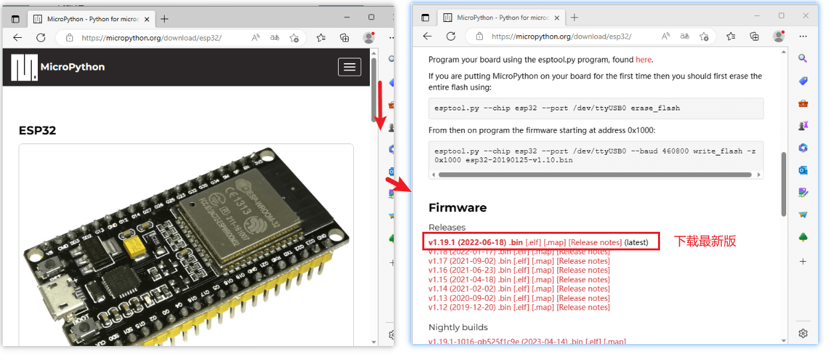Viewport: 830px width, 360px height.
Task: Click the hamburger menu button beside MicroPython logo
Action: pos(349,66)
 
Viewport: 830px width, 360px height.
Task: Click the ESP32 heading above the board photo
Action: pos(37,130)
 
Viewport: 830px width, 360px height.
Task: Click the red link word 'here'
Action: pos(643,60)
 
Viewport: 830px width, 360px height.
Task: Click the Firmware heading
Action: pos(457,208)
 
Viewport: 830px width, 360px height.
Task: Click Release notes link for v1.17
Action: pos(583,261)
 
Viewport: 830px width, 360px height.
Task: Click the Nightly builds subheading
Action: pos(458,327)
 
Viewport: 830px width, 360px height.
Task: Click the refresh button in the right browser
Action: pos(451,37)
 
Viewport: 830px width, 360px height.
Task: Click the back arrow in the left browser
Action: pos(18,38)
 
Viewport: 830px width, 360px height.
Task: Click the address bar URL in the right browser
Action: pos(561,37)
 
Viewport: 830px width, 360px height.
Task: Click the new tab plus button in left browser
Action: pos(165,19)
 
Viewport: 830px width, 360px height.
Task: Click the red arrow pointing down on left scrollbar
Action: pos(380,106)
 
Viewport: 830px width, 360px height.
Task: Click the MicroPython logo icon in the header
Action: pos(24,67)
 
